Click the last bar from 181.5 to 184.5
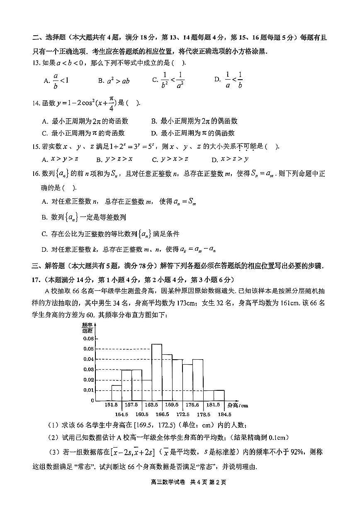tap(219, 395)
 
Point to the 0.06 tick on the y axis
tap(89, 338)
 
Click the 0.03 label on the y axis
tap(89, 370)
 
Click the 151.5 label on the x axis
tap(111, 404)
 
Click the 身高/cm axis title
tap(238, 405)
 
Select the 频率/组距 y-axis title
tap(88, 327)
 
